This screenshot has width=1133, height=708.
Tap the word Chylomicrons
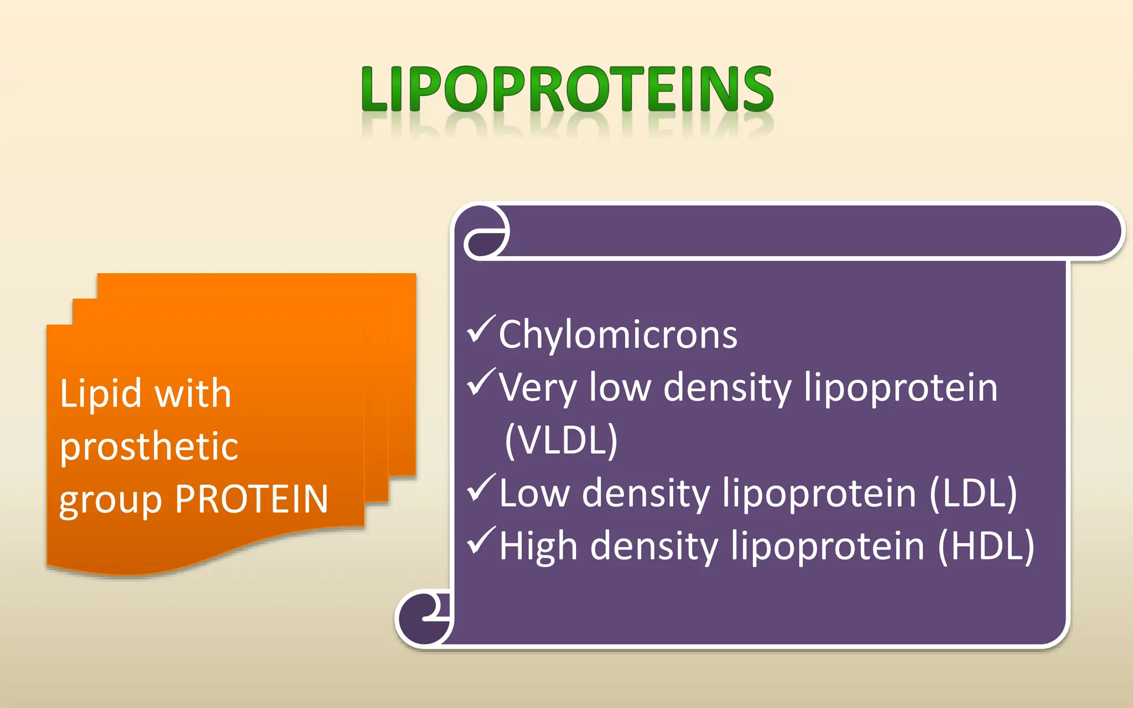coord(618,335)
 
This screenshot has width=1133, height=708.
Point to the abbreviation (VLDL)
coord(561,440)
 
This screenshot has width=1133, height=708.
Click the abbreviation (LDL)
coord(973,493)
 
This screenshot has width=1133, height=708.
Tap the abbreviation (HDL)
coord(986,546)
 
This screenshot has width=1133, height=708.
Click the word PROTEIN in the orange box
coord(252,499)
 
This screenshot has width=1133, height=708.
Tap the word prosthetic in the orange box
coord(149,446)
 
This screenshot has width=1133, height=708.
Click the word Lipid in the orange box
coord(100,394)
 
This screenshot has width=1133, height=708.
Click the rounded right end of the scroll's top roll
coord(1101,231)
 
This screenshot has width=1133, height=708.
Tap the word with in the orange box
coord(192,394)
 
